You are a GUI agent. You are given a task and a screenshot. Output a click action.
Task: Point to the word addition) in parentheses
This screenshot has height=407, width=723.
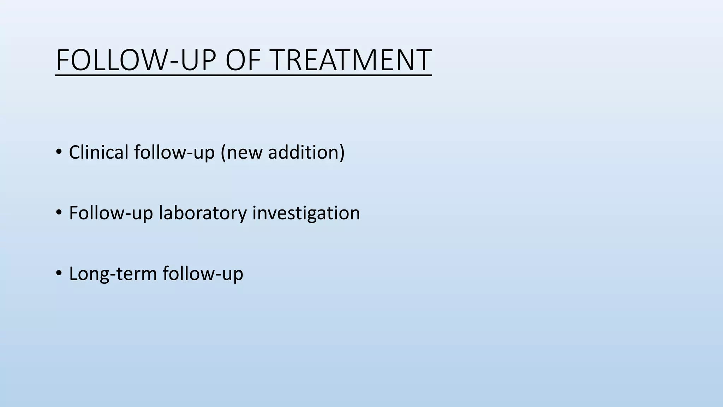pos(306,152)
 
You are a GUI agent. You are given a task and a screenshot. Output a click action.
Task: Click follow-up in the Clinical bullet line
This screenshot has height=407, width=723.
pos(174,152)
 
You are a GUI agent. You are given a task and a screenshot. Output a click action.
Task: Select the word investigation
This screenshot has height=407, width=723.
pos(306,213)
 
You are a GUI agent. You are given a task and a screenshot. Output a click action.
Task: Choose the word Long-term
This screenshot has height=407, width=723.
pos(113,274)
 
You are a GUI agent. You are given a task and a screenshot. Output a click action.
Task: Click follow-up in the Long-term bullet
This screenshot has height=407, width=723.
pos(203,274)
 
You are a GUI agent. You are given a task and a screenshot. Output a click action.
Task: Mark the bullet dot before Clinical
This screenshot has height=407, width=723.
pos(59,153)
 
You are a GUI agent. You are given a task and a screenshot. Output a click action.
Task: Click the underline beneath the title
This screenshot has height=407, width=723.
pos(244,75)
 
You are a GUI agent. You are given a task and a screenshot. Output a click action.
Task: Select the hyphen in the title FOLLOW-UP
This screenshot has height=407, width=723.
pos(174,63)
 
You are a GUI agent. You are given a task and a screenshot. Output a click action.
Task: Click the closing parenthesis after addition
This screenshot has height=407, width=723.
pos(342,153)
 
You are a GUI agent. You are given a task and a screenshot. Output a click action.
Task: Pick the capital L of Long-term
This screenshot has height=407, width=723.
pos(73,274)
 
